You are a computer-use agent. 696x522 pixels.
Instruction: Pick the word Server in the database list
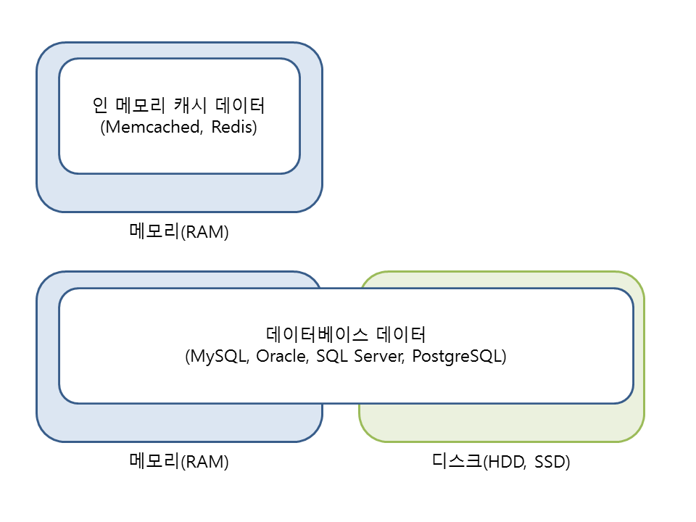377,357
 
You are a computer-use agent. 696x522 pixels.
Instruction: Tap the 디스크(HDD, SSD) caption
501,462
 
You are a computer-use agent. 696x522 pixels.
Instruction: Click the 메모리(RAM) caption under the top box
178,232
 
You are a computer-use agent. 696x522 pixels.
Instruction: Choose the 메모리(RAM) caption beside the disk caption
178,462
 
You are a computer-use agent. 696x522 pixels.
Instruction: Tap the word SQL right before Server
331,357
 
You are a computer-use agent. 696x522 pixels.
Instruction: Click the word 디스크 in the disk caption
455,462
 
